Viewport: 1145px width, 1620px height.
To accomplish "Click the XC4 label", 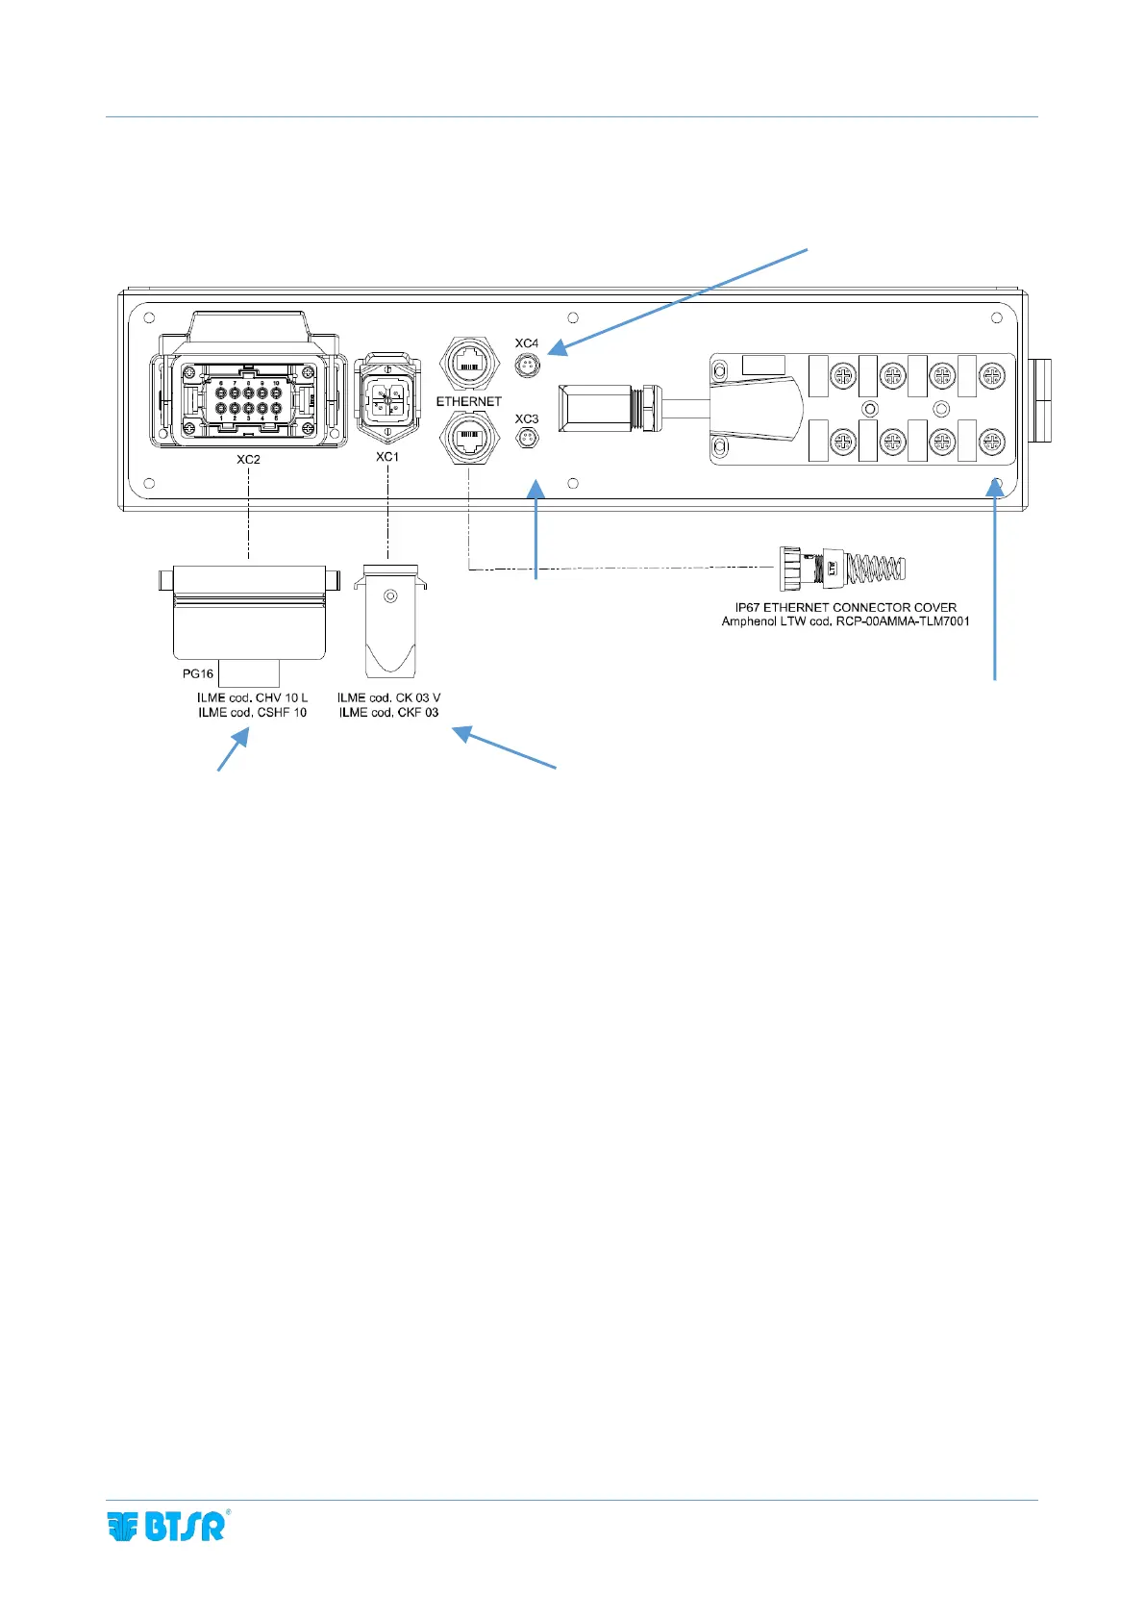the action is click(526, 343).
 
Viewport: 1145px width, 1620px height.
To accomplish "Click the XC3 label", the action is click(526, 419).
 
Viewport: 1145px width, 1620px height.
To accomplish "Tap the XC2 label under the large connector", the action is click(248, 460).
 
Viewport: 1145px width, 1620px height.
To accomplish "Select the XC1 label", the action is click(387, 457).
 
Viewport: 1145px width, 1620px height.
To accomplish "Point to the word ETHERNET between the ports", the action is click(468, 401).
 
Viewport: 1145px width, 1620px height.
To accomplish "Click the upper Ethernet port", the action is click(469, 364).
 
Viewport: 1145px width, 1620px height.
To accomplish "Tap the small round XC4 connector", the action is click(527, 366).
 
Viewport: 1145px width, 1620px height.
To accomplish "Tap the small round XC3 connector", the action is click(527, 440).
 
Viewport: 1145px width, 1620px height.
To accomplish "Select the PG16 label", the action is click(198, 673).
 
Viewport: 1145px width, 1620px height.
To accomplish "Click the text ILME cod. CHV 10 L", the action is click(253, 697).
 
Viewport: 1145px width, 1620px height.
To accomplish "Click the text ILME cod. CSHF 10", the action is click(253, 713).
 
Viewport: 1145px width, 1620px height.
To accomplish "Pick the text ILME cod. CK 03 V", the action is click(388, 697).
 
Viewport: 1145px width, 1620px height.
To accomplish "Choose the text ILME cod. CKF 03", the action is click(388, 713).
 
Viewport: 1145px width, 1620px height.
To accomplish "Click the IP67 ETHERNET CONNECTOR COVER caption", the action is click(845, 608).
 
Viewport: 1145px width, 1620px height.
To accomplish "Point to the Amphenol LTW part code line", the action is click(845, 622).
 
